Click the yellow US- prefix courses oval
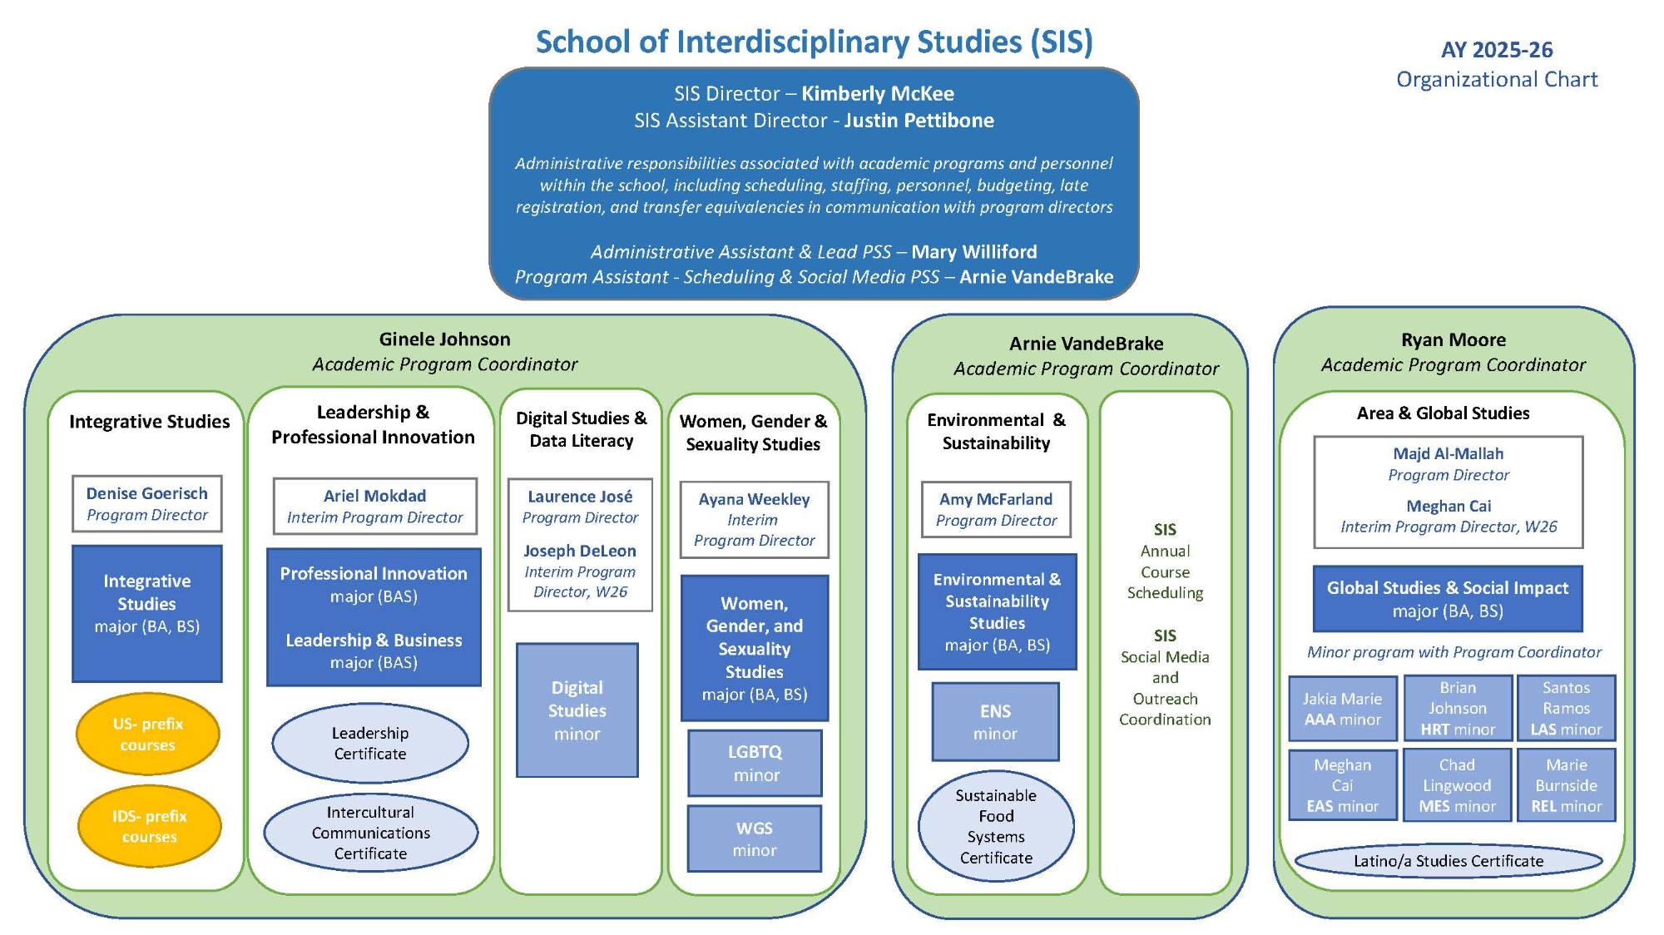[x=148, y=734]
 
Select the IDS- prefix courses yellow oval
[x=150, y=826]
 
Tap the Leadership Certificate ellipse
[x=370, y=743]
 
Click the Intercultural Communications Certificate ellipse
[x=371, y=833]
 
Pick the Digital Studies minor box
[x=577, y=710]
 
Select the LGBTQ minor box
[x=755, y=763]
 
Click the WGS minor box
[x=755, y=839]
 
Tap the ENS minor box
[x=995, y=722]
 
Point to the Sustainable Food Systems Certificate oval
[x=996, y=826]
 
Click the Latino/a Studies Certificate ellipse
[x=1449, y=861]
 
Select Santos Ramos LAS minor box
[x=1566, y=708]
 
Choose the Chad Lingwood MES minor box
[x=1457, y=785]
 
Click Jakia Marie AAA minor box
[x=1342, y=709]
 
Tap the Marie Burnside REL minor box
[x=1566, y=785]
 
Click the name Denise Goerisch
[x=147, y=493]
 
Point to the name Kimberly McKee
[x=877, y=93]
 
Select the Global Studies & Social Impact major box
[x=1448, y=599]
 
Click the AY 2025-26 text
[x=1497, y=50]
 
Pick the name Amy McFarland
[x=996, y=499]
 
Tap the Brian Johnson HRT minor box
[x=1458, y=708]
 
